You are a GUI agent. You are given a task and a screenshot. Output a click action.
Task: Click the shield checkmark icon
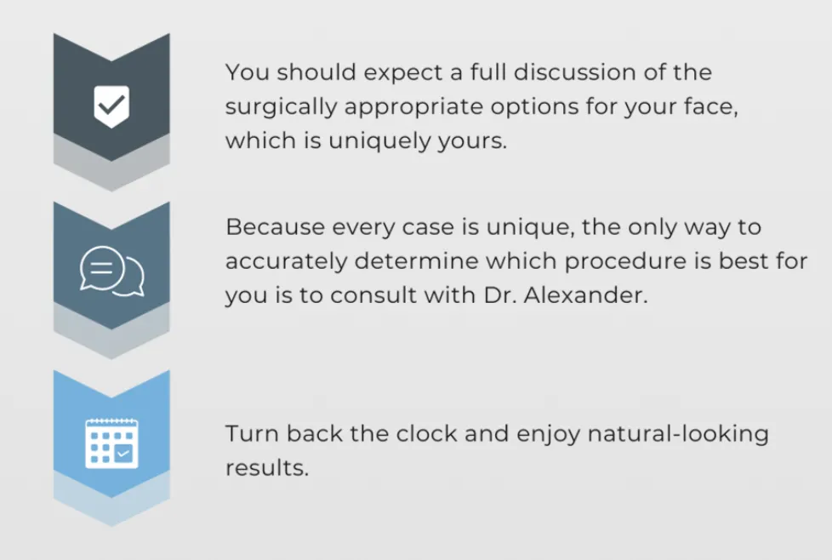click(111, 106)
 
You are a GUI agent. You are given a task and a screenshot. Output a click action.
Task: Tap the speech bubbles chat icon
click(112, 271)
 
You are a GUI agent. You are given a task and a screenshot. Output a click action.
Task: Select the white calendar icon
click(112, 443)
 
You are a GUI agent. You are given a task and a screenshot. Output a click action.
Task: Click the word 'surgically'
click(282, 107)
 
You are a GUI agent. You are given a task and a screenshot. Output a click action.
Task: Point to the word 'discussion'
click(574, 72)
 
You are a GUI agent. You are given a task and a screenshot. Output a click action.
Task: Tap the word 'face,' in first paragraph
click(711, 106)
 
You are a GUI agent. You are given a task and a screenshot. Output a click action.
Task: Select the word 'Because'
click(275, 227)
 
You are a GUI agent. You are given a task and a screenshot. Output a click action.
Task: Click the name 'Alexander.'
click(586, 295)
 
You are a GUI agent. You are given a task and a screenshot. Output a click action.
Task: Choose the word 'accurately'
click(286, 261)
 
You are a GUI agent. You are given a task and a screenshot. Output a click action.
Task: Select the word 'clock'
click(426, 434)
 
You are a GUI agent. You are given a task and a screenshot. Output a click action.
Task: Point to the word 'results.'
click(267, 468)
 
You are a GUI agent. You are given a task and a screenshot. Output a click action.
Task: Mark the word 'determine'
click(416, 261)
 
